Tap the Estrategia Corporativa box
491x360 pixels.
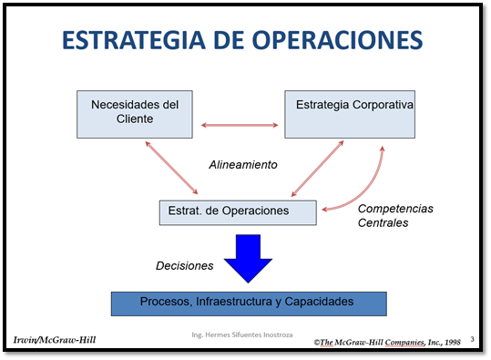click(x=351, y=113)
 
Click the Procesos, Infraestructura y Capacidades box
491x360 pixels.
click(x=248, y=302)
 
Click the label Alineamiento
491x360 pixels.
click(x=243, y=165)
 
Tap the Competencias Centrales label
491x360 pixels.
click(x=395, y=215)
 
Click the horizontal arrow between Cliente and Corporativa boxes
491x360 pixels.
click(x=240, y=125)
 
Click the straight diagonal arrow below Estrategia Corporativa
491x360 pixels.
click(x=316, y=169)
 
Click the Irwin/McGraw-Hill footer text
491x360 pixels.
click(x=54, y=340)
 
